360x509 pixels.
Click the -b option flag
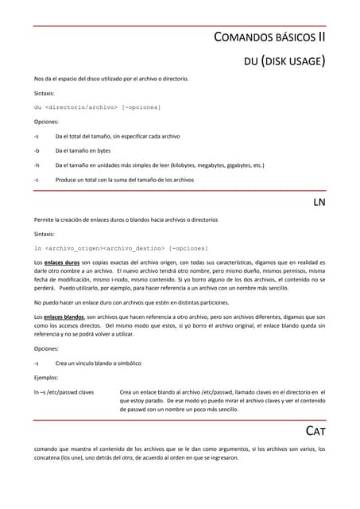tap(37, 150)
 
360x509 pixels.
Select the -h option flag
tap(37, 165)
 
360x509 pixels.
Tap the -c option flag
tap(37, 180)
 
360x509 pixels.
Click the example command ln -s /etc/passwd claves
tap(64, 392)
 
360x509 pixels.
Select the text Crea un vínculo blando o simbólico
tap(99, 363)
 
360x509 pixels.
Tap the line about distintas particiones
tap(131, 303)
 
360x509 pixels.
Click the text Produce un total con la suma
tap(125, 180)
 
